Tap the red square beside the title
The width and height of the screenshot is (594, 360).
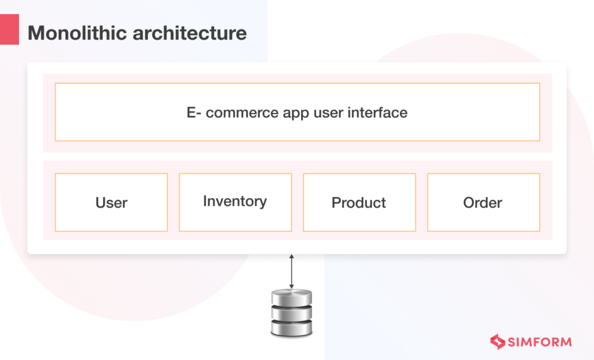click(x=9, y=31)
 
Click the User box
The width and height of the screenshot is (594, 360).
click(x=111, y=202)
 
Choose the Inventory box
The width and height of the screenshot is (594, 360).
click(x=235, y=202)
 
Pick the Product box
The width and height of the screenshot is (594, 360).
click(x=359, y=202)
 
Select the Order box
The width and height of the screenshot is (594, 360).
click(x=483, y=202)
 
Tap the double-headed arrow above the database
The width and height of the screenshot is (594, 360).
click(x=292, y=271)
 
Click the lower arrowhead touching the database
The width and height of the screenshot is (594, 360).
click(x=292, y=286)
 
